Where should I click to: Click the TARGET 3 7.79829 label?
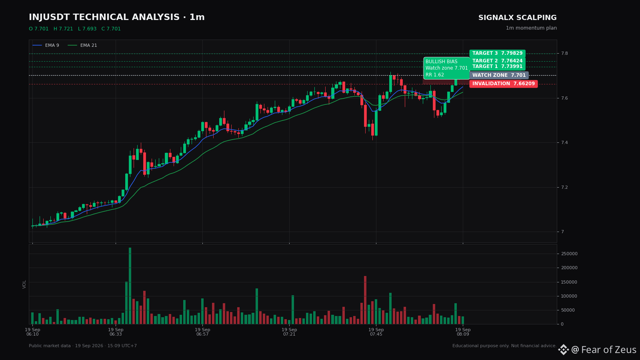(497, 54)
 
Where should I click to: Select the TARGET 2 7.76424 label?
(497, 61)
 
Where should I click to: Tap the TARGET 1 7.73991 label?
(497, 66)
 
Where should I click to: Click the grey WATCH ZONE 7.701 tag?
(499, 76)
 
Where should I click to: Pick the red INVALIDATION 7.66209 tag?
(504, 84)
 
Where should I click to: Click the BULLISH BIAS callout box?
(446, 68)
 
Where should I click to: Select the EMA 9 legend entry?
(46, 46)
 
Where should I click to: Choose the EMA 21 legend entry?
(82, 46)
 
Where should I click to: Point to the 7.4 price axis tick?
(564, 142)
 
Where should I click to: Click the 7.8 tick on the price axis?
(564, 54)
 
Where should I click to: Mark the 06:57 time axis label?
(202, 332)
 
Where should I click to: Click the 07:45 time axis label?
(376, 332)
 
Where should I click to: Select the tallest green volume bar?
(130, 286)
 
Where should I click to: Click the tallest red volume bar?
(365, 300)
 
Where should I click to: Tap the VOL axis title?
(24, 284)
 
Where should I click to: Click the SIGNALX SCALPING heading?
(518, 18)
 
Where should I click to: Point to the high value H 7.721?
(63, 29)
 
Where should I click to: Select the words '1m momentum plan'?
(531, 28)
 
